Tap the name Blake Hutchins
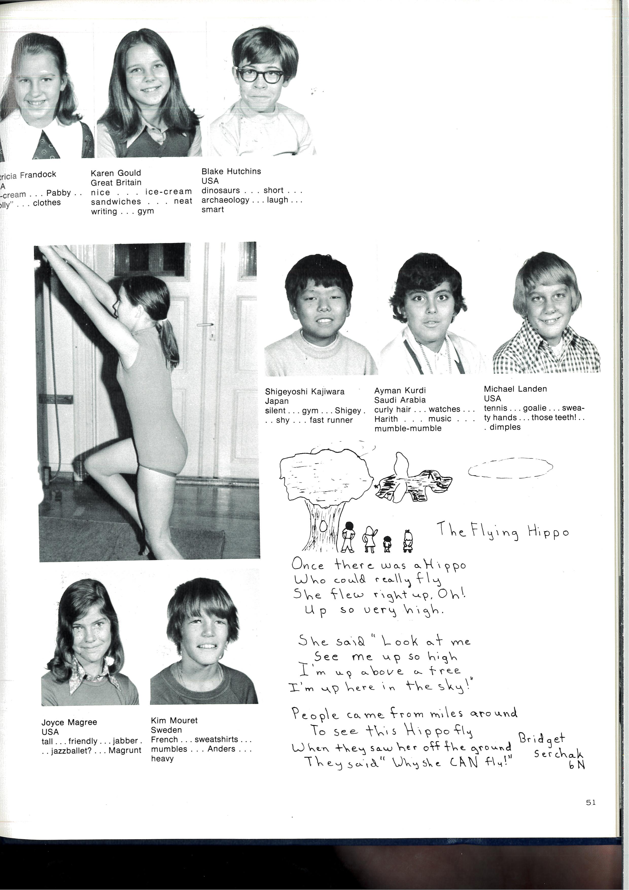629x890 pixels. click(x=231, y=171)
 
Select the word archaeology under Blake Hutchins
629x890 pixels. click(x=225, y=200)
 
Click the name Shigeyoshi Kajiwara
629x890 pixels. click(x=305, y=391)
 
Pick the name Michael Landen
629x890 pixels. click(x=515, y=389)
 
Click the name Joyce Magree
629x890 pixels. click(x=69, y=722)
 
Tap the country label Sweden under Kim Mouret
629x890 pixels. click(x=166, y=730)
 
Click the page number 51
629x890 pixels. click(x=591, y=802)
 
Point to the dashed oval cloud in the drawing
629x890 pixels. click(x=510, y=468)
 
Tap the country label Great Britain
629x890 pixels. click(x=116, y=183)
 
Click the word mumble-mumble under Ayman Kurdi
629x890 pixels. click(x=408, y=428)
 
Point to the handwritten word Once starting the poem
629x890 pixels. click(x=308, y=564)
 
